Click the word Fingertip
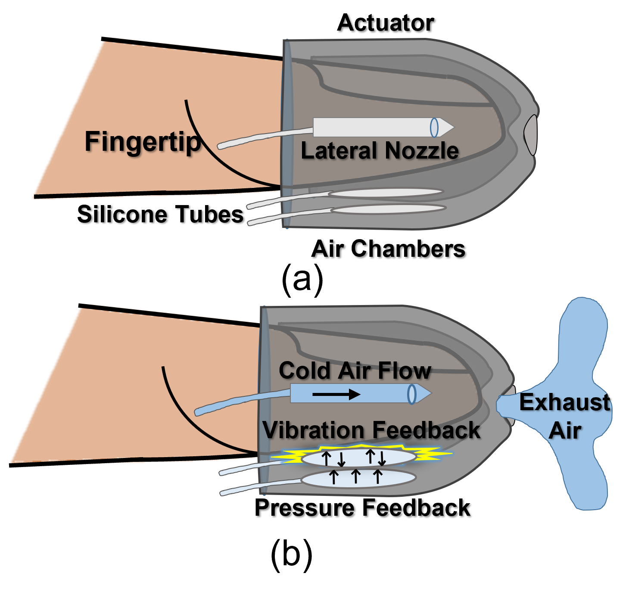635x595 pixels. pyautogui.click(x=143, y=142)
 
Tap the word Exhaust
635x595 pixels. pyautogui.click(x=564, y=402)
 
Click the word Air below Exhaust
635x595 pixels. pyautogui.click(x=565, y=430)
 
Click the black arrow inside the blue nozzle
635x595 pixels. pyautogui.click(x=336, y=394)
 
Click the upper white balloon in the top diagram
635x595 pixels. pyautogui.click(x=386, y=193)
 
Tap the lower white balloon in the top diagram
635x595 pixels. pyautogui.click(x=388, y=209)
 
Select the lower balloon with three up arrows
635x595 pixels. pyautogui.click(x=358, y=478)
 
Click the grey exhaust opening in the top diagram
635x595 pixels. pyautogui.click(x=531, y=134)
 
